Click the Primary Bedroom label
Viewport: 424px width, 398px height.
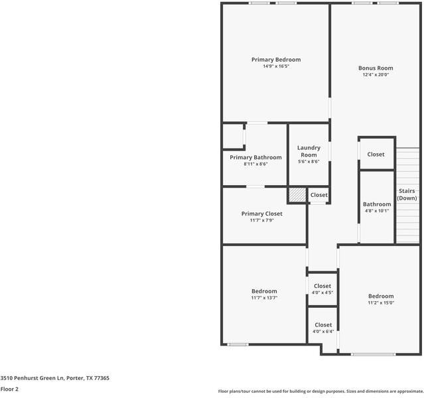pos(275,60)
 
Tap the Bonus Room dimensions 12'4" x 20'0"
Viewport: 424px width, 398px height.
pos(376,75)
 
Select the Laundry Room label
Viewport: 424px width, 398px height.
pos(309,151)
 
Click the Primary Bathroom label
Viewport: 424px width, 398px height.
pos(255,157)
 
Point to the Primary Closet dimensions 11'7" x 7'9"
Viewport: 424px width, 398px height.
pos(261,220)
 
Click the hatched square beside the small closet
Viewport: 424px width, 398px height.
pos(297,195)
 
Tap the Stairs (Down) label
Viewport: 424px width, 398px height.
pos(407,194)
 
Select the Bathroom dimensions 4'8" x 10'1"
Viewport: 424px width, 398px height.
pos(377,211)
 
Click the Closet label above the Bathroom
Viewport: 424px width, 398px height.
pos(376,155)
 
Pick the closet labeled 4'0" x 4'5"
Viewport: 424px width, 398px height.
pos(322,289)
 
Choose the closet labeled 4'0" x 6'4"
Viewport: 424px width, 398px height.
pos(322,328)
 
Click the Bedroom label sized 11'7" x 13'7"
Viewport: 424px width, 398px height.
pos(264,291)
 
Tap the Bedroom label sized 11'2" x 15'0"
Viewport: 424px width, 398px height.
pos(381,296)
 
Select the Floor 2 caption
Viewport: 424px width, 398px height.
pos(9,389)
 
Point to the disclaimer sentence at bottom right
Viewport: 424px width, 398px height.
pos(320,391)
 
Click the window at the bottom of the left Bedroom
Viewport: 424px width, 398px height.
pos(238,344)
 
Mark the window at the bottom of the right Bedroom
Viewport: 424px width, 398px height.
pos(373,354)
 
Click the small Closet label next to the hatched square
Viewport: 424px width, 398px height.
pos(318,195)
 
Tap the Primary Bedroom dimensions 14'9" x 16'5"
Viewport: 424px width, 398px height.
pos(275,66)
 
